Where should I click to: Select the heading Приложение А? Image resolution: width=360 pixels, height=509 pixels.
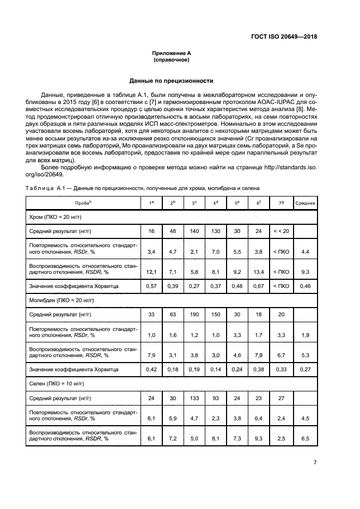coord(171,53)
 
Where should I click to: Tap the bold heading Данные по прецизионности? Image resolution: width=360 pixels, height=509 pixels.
coord(171,81)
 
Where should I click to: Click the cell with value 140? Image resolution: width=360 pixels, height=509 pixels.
coord(194,231)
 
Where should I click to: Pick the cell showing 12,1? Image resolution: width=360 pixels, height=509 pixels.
coord(151,271)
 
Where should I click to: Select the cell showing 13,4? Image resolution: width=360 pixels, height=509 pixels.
coord(259,271)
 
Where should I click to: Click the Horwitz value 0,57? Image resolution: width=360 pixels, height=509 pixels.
coord(151,286)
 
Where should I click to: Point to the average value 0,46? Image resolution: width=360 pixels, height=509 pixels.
coord(305,286)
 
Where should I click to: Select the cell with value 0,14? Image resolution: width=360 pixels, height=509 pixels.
coord(216,370)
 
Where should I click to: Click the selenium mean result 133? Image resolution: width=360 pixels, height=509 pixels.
coord(194,398)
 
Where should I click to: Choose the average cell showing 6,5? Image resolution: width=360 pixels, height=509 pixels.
coord(305,438)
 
